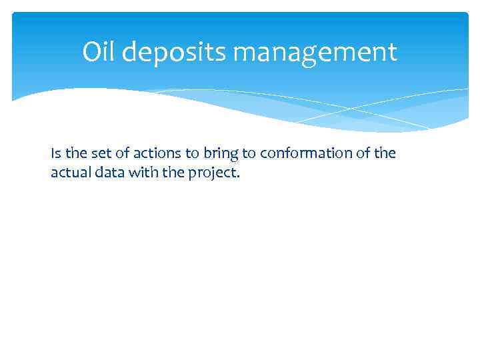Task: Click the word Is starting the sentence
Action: click(55, 154)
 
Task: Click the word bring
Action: click(219, 154)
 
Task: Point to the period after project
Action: click(236, 175)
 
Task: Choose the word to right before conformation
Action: click(249, 154)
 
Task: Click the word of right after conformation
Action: click(367, 154)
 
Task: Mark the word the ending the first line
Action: click(386, 154)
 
